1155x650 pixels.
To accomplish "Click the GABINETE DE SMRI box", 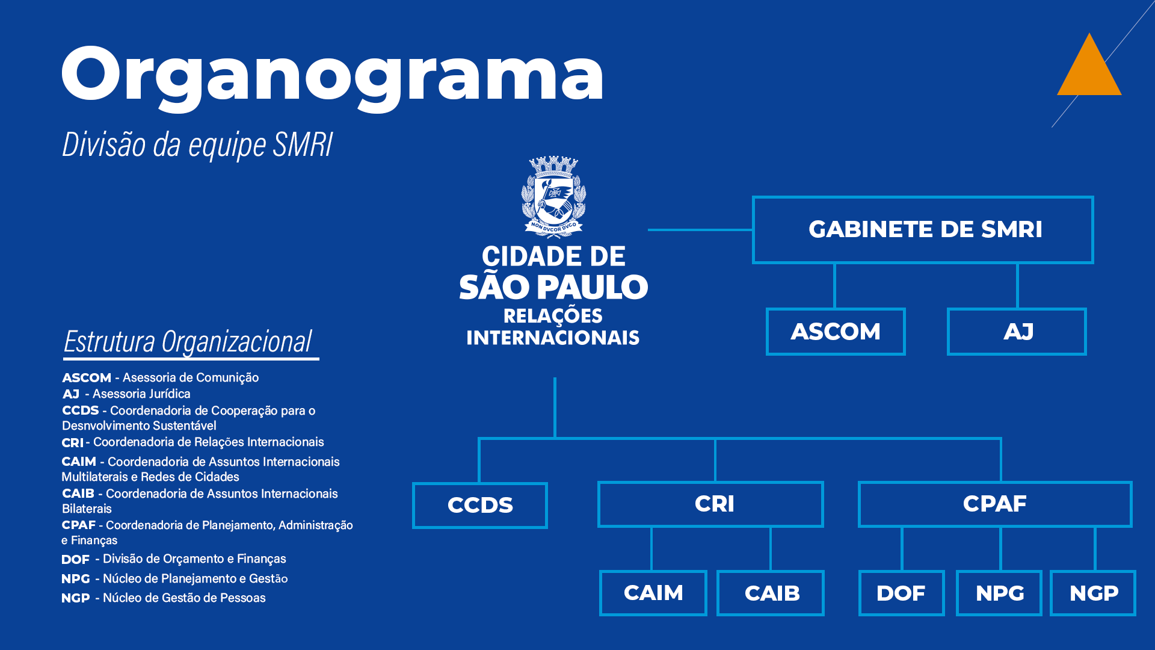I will click(923, 229).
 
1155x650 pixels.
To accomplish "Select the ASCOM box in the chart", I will click(836, 332).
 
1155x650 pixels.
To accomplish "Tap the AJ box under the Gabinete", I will click(1017, 332).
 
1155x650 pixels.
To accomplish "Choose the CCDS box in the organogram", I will click(480, 505).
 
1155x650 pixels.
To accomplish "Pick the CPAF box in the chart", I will click(995, 504).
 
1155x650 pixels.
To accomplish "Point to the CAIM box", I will click(653, 593).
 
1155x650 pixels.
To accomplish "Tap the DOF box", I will click(901, 593).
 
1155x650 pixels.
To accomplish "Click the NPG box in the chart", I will click(999, 593).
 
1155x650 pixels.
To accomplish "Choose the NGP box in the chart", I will click(1093, 593).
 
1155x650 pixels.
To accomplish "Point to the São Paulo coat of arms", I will click(553, 196).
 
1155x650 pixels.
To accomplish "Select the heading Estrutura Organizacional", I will click(188, 342).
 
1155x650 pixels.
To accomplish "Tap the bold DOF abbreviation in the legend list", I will click(75, 560).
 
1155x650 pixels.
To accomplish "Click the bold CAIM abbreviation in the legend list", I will click(79, 462).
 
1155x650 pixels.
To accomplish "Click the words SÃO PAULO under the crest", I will click(553, 287).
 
